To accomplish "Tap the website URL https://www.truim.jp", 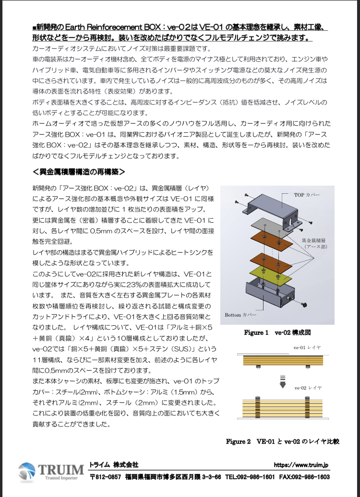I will tap(301, 465).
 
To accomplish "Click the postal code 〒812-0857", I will tap(106, 477).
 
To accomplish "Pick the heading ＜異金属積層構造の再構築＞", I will tap(79, 171).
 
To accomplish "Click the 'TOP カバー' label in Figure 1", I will tap(307, 195).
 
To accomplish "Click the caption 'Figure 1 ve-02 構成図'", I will tap(273, 332).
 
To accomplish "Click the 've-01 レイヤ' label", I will tap(307, 346).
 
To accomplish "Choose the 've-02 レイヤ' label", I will tap(307, 387).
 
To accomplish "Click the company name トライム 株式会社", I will tap(114, 465).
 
